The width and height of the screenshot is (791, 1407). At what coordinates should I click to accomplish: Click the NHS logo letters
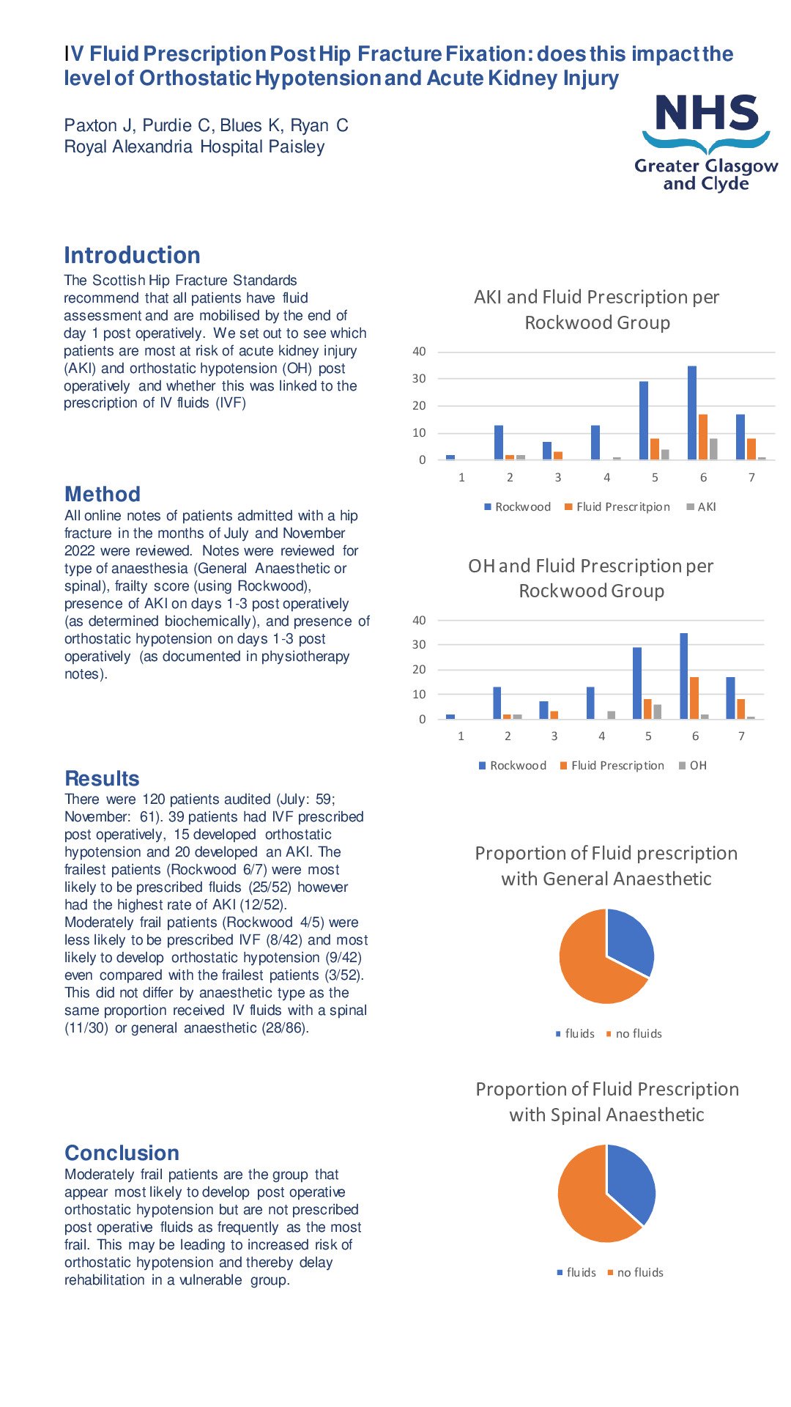707,113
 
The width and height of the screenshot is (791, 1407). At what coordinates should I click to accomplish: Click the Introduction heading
132,255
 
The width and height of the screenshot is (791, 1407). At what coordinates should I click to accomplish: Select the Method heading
103,494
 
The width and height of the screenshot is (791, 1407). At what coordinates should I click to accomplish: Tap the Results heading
102,778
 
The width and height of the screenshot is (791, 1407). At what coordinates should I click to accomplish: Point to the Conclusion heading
122,1153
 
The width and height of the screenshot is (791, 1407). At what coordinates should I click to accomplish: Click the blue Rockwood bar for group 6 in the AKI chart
692,413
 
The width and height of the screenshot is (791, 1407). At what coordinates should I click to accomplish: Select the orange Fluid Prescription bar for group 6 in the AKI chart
703,437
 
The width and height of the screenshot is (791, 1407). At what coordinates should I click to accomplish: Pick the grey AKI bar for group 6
713,449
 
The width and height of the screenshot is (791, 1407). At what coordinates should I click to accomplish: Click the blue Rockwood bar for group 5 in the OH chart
637,683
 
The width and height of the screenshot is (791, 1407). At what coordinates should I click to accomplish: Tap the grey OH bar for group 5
657,712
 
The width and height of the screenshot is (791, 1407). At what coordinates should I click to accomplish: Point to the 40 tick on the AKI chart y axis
419,352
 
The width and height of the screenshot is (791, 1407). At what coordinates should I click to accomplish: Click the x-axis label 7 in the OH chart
741,736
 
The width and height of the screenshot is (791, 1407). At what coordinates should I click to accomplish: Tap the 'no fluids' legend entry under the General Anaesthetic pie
634,1034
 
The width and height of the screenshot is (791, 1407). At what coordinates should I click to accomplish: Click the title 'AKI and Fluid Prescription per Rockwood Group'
597,309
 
